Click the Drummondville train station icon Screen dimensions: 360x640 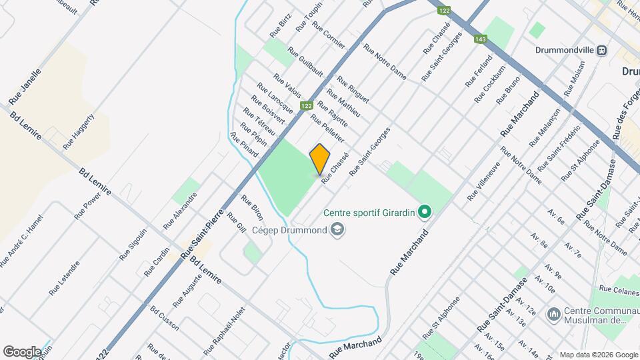[602, 50]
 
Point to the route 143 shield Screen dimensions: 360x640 [481, 39]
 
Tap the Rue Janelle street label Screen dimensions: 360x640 [25, 87]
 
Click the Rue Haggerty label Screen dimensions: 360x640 [79, 131]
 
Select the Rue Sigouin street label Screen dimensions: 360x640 [133, 245]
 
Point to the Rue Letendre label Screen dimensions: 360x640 [64, 278]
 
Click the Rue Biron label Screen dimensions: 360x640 [252, 209]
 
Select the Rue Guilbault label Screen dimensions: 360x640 [305, 61]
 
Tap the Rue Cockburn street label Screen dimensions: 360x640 [490, 83]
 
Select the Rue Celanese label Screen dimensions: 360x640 [619, 289]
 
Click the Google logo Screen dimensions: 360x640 [22, 351]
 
